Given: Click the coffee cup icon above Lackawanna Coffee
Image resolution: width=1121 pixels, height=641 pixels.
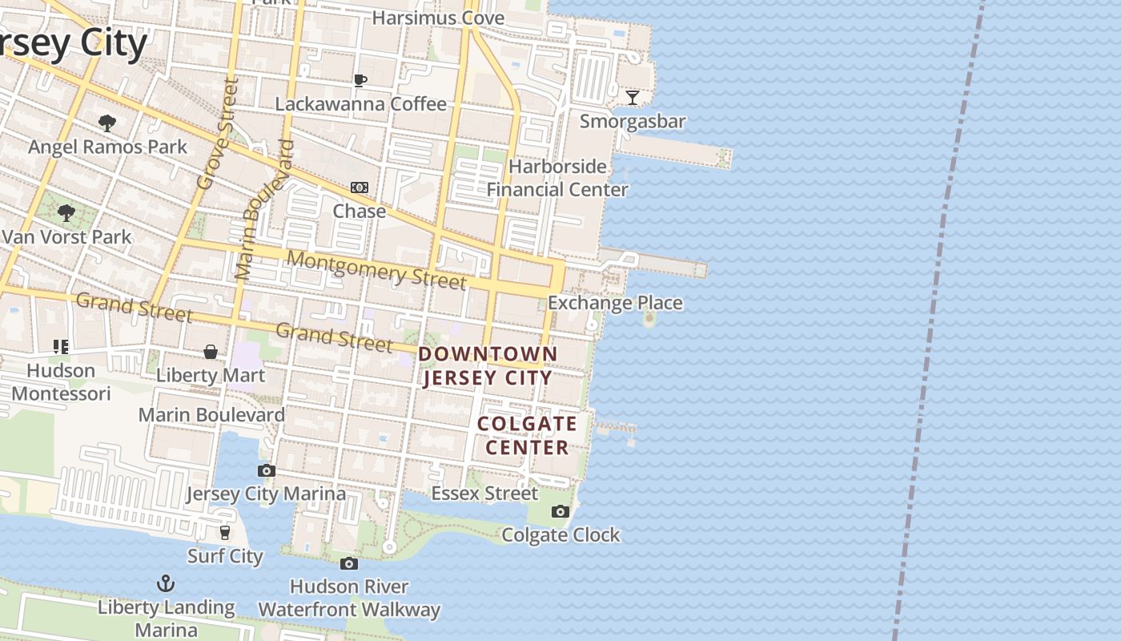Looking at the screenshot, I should [x=360, y=79].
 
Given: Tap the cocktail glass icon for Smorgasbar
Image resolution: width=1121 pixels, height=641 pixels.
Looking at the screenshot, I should [x=633, y=98].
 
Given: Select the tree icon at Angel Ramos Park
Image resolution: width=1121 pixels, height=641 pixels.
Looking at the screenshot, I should [x=106, y=123].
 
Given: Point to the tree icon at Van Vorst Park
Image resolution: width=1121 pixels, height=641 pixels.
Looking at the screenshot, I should [x=66, y=213].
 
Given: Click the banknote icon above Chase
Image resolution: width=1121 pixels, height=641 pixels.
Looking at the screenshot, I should [x=360, y=187].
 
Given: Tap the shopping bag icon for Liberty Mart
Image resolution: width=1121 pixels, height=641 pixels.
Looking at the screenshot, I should [x=211, y=352].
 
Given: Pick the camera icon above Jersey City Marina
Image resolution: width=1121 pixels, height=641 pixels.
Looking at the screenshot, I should [x=267, y=470].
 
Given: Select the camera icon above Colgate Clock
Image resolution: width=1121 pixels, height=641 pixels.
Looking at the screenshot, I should [x=560, y=511].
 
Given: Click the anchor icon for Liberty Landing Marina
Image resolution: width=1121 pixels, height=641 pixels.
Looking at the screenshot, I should [x=166, y=583].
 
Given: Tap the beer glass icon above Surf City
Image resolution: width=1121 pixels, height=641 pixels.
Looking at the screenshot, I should [x=225, y=532].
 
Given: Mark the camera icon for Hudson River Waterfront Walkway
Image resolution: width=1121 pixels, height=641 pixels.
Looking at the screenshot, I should [x=348, y=563].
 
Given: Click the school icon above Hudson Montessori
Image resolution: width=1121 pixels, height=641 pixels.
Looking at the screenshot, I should [x=61, y=347].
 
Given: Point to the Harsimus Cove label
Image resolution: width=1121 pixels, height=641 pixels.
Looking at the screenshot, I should [x=438, y=18].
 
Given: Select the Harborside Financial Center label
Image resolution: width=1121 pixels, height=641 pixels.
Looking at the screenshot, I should [x=558, y=178].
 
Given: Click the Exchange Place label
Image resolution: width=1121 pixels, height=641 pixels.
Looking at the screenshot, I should [x=615, y=303].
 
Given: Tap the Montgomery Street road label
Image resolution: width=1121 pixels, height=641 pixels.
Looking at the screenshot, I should [x=376, y=269].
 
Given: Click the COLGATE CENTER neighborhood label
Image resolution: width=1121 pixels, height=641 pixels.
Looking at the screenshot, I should [x=527, y=435].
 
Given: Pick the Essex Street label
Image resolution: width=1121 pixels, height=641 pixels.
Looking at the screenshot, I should [x=484, y=493].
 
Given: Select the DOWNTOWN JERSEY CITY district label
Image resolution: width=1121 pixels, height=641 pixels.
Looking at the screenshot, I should [x=488, y=365].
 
